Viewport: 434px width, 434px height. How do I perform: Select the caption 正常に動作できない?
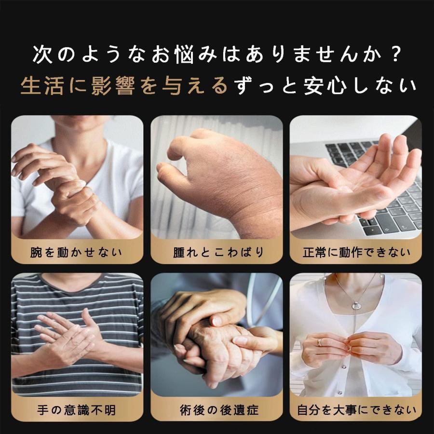(356, 252)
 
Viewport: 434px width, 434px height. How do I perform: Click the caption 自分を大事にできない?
(356, 410)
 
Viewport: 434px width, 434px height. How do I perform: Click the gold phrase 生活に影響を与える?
(124, 86)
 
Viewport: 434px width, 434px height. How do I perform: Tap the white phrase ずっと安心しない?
(325, 86)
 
